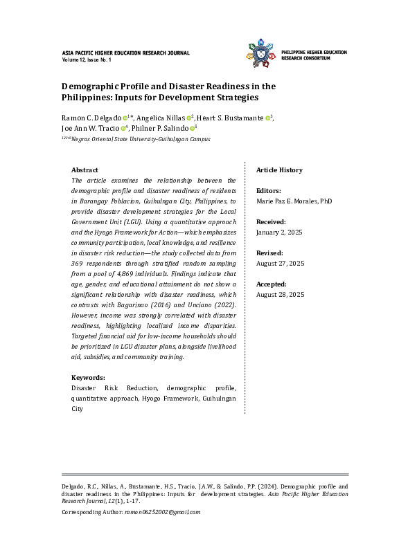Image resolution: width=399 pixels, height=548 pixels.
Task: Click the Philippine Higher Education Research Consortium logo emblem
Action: click(260, 55)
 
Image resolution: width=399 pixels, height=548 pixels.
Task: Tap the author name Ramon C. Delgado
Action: click(92, 118)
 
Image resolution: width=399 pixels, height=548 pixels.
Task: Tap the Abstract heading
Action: click(85, 170)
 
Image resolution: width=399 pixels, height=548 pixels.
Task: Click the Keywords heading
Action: click(88, 378)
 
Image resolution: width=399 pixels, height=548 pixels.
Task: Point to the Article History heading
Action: click(279, 170)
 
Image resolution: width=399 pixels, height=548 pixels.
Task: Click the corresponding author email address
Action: click(162, 512)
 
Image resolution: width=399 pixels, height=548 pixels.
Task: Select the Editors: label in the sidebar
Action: click(269, 190)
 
